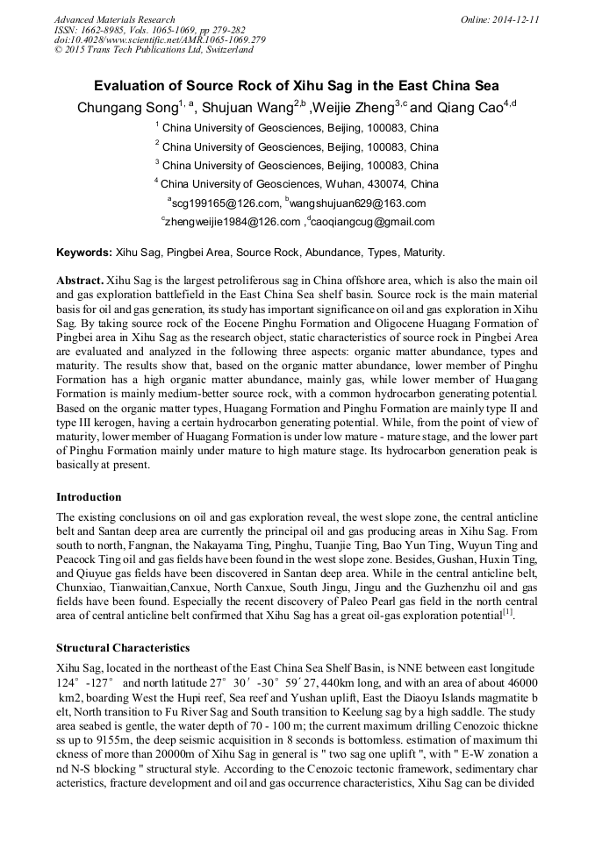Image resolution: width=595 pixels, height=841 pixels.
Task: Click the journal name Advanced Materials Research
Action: click(x=114, y=19)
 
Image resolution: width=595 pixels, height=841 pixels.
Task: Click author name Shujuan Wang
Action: click(x=249, y=109)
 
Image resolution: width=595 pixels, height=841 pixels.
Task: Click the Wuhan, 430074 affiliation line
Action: click(x=297, y=184)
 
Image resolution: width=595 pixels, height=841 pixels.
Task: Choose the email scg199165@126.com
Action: click(x=231, y=203)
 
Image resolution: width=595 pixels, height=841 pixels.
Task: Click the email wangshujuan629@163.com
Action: click(x=368, y=203)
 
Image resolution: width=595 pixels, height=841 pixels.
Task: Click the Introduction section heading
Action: click(x=89, y=497)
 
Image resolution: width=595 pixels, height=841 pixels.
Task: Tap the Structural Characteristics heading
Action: click(x=123, y=649)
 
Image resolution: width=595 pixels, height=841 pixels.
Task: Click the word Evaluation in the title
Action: click(x=137, y=86)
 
